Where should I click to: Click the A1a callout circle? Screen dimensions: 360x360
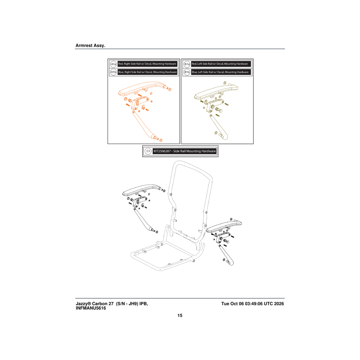(113, 64)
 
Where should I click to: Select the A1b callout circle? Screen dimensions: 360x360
(113, 72)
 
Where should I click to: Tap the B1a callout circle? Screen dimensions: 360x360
(187, 64)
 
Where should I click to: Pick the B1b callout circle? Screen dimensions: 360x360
(187, 72)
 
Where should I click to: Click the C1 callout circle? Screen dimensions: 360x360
(148, 151)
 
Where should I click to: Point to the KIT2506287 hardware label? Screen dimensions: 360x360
(184, 151)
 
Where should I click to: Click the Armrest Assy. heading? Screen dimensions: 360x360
(90, 45)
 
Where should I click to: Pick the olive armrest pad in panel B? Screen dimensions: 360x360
(215, 91)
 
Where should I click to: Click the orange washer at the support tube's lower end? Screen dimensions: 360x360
(161, 140)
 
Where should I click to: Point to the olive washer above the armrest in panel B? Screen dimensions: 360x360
(225, 83)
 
